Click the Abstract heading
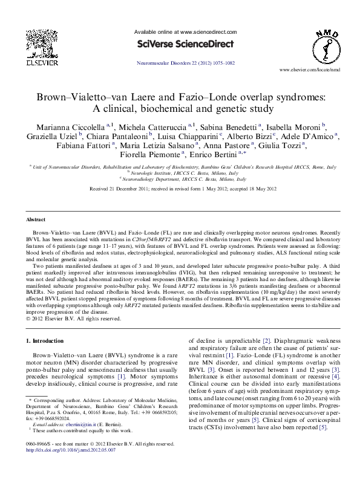(x=37, y=219)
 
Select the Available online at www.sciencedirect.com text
(x=180, y=32)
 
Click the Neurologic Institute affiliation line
(x=182, y=172)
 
